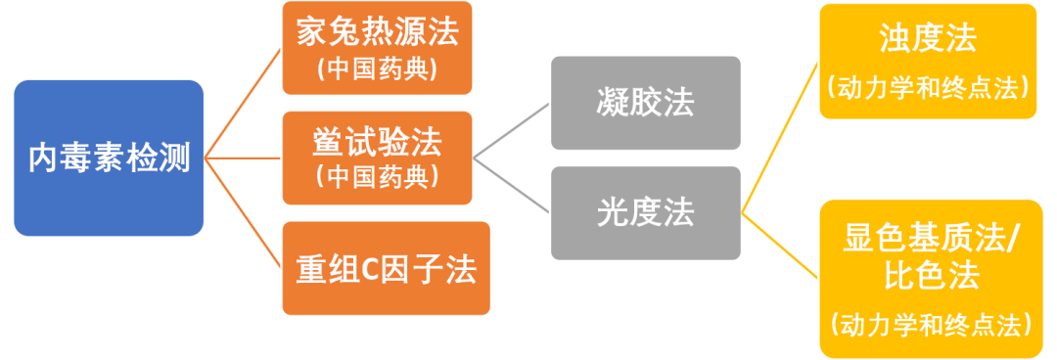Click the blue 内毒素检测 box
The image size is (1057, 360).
coord(108,157)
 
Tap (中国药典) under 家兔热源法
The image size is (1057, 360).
coord(378,70)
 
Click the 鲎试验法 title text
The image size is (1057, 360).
coord(378,143)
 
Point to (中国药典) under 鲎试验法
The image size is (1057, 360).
coord(378,176)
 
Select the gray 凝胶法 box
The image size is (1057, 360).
coord(645,103)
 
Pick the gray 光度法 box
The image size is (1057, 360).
coord(645,212)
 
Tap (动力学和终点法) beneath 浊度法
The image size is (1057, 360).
coord(928,86)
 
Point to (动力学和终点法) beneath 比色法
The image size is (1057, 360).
coord(928,322)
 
